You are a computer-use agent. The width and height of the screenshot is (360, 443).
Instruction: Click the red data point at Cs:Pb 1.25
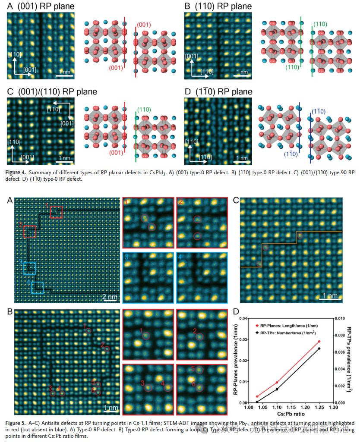(319, 341)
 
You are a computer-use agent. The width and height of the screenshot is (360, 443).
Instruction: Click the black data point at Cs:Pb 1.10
(277, 390)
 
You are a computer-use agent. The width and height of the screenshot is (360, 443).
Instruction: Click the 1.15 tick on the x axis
(291, 407)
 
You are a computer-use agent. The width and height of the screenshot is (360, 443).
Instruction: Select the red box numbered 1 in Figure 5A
(56, 212)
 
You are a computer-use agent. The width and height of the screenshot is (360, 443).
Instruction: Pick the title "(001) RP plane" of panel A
(46, 6)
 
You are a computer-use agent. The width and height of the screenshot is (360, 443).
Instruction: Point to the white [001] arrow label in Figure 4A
(29, 69)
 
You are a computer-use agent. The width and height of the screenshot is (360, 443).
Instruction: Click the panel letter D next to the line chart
(236, 311)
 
